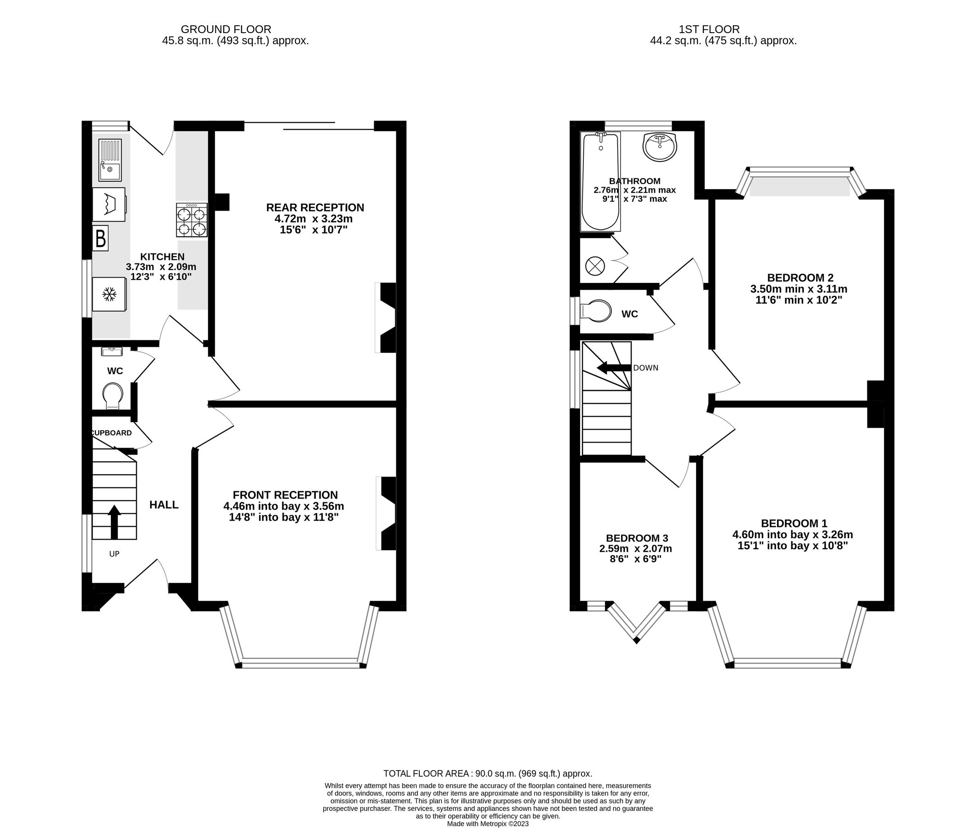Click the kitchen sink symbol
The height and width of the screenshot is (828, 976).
110,160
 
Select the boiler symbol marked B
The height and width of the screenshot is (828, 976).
100,238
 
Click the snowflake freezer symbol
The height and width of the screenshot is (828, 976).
110,295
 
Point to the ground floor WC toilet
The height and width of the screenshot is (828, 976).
113,395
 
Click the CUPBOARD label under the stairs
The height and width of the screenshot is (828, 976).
111,433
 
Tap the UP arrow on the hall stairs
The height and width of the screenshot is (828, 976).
114,521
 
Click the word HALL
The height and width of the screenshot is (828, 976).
164,505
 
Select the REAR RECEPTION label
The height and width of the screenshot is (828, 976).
315,207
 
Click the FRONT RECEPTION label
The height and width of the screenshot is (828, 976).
285,495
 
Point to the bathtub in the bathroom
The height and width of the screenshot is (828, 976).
600,181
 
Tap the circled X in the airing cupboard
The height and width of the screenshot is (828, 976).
594,267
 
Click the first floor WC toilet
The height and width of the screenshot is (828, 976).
596,311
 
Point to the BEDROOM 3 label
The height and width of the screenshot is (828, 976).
636,538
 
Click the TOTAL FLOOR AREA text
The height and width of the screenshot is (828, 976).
488,773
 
